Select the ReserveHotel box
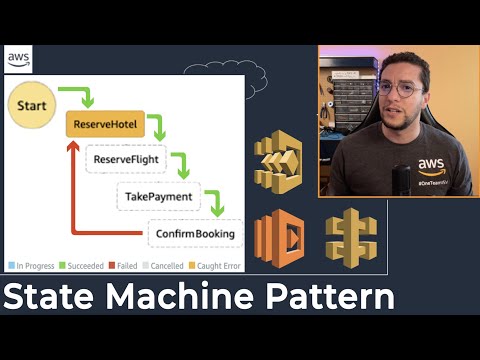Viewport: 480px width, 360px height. point(105,125)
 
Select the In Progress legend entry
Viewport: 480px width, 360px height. point(33,265)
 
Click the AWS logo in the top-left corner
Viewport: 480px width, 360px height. point(18,59)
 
